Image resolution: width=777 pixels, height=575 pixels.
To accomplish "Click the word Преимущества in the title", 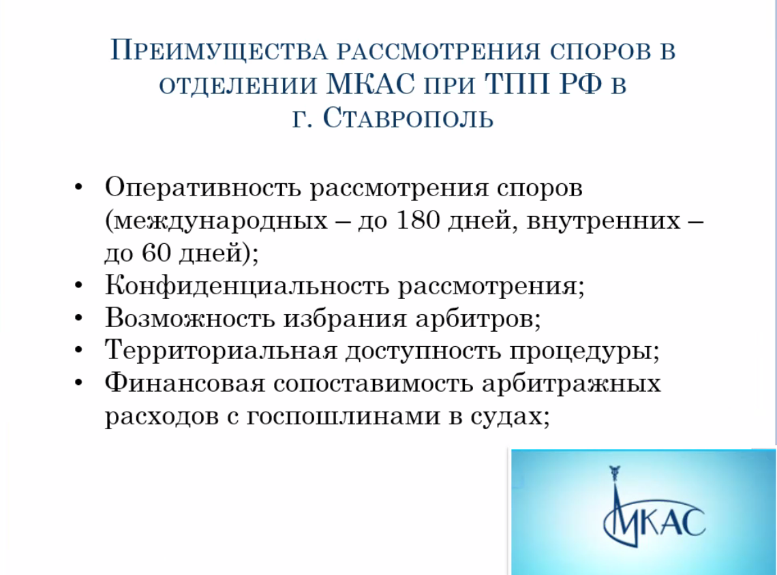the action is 219,51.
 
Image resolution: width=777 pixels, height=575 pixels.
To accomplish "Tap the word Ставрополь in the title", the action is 408,118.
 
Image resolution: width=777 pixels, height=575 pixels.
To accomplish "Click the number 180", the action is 418,220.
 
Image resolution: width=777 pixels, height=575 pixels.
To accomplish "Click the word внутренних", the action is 603,221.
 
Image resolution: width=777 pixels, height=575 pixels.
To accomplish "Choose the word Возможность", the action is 189,318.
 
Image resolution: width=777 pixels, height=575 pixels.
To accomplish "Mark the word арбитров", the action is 478,319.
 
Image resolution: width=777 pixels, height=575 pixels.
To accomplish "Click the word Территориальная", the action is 221,352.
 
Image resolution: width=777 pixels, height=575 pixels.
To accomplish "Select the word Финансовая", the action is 185,384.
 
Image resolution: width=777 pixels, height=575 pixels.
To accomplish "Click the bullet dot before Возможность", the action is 79,318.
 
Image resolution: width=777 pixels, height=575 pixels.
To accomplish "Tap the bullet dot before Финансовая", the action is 79,384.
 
